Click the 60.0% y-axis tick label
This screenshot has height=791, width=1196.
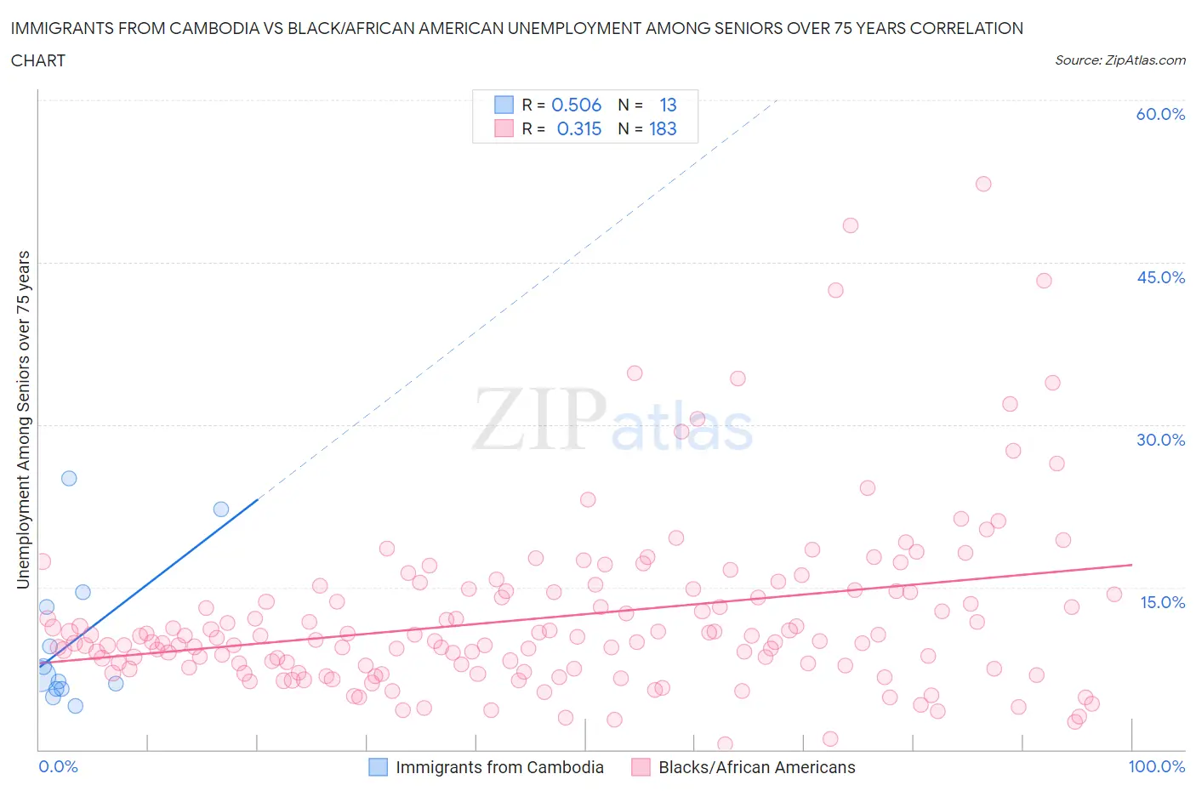click(x=1160, y=114)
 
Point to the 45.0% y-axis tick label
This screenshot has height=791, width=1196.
click(x=1160, y=277)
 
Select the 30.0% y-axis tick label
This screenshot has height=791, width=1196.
click(x=1160, y=440)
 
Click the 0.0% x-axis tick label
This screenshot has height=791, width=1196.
click(x=58, y=766)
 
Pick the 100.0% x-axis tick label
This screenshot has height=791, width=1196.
click(x=1156, y=766)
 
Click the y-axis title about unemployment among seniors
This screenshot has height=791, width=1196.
click(x=23, y=419)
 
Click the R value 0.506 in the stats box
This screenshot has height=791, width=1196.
click(x=576, y=105)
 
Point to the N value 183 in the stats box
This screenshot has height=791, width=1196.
click(x=663, y=128)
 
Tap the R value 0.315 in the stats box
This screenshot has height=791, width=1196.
click(x=578, y=128)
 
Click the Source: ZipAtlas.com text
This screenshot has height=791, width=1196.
click(x=1119, y=60)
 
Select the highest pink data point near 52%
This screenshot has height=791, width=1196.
click(x=983, y=184)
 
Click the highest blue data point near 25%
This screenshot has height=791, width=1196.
click(x=69, y=478)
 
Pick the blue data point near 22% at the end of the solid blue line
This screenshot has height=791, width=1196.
click(x=221, y=509)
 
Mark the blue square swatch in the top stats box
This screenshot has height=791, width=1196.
click(x=504, y=105)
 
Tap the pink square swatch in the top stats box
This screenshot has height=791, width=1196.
click(x=504, y=128)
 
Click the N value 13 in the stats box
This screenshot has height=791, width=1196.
click(x=668, y=105)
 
